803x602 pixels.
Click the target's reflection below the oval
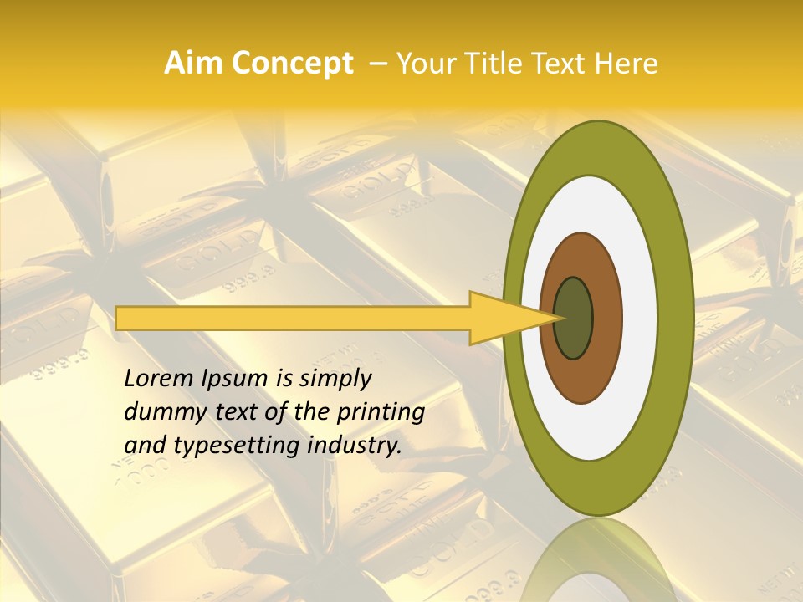point(597,560)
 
